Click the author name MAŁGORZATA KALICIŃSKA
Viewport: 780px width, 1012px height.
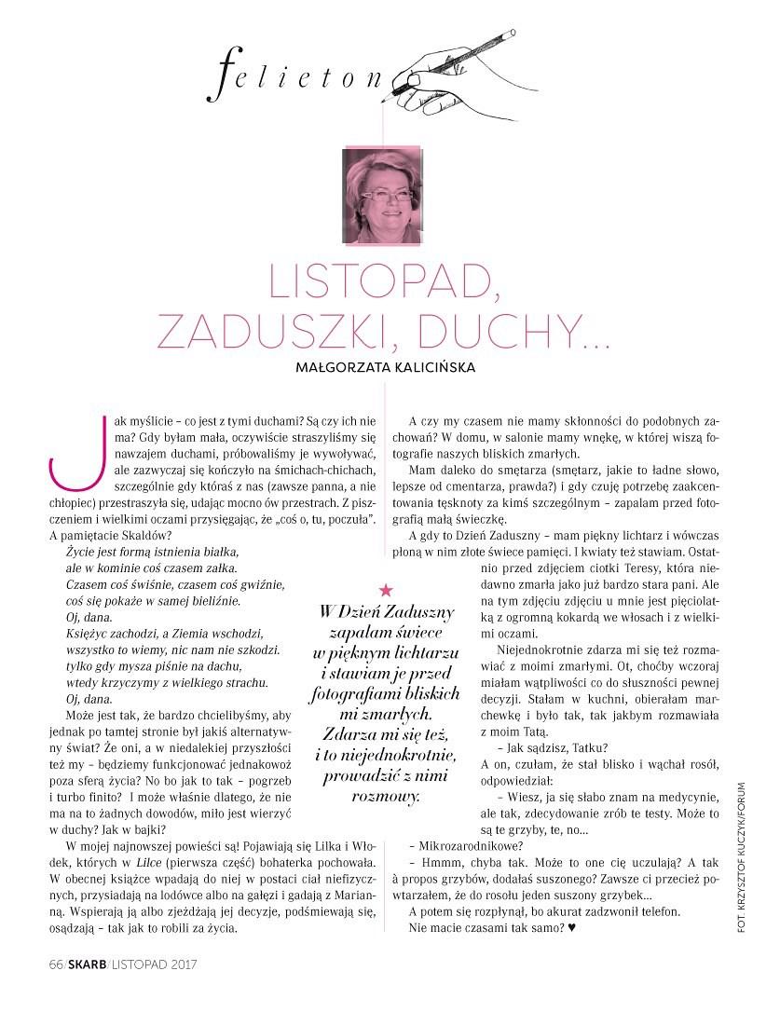click(383, 367)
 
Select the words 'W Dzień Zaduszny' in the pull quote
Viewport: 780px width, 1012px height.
click(387, 612)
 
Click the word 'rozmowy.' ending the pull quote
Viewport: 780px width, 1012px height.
click(386, 797)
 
